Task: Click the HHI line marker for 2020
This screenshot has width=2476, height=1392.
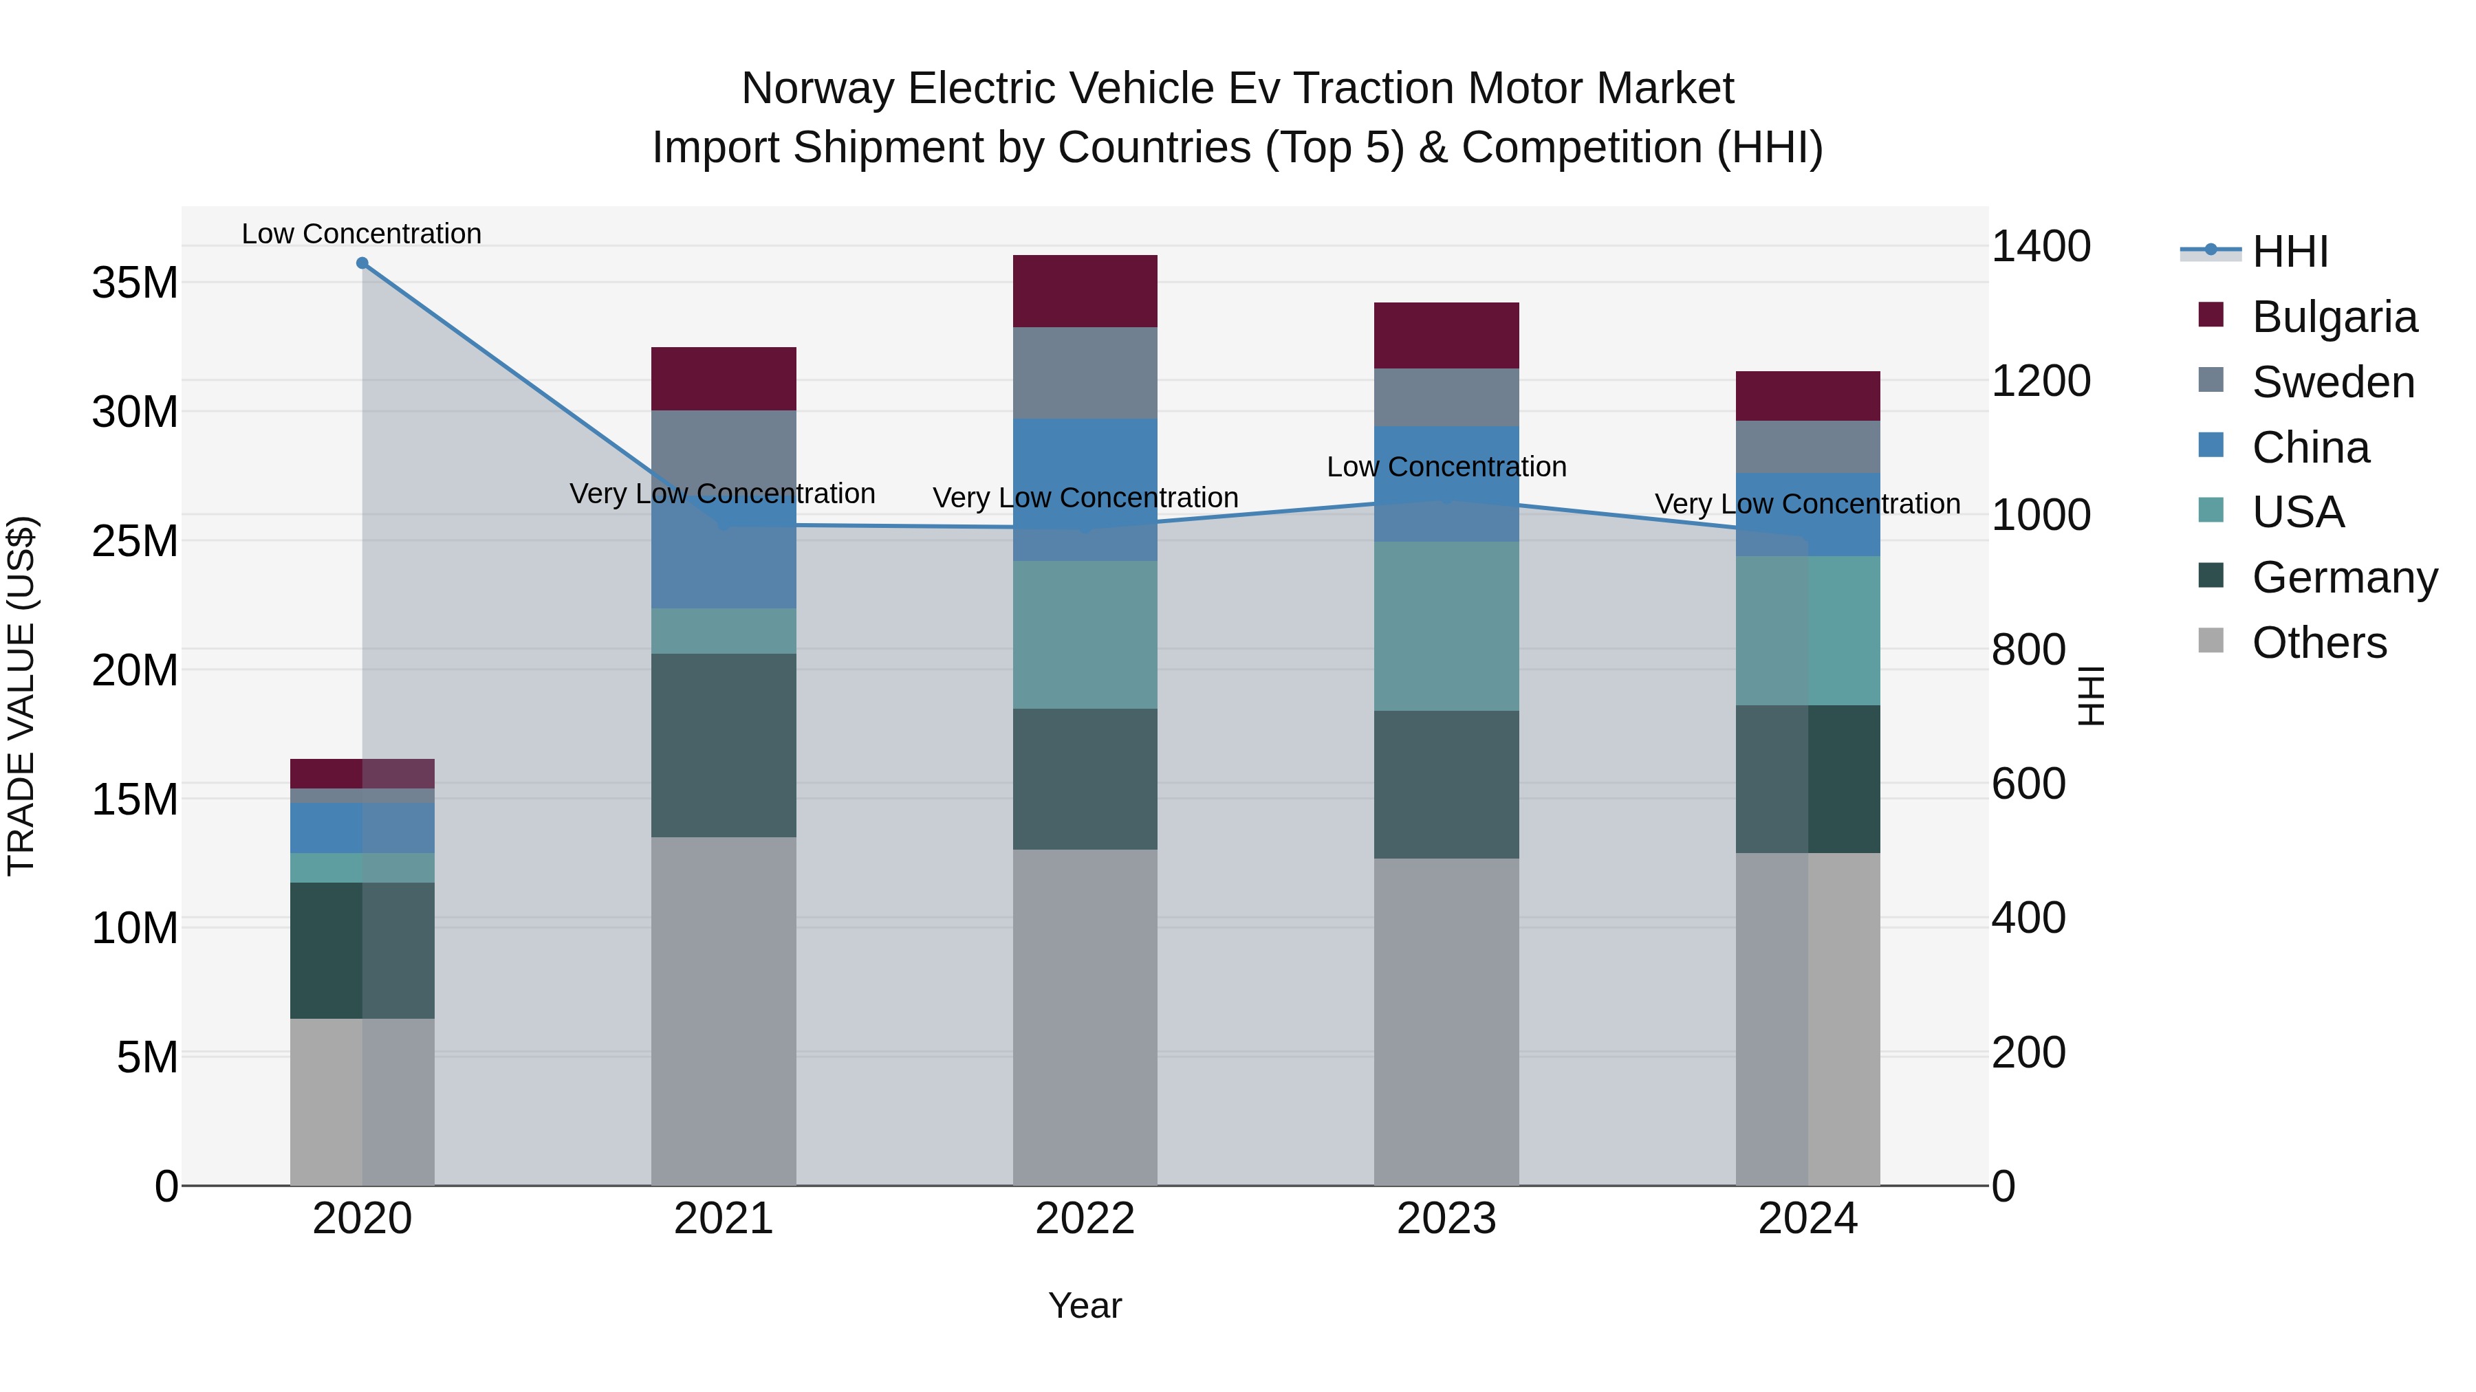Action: coord(362,263)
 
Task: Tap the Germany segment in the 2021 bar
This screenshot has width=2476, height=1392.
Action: coord(723,744)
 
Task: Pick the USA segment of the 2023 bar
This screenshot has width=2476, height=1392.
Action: coord(1446,626)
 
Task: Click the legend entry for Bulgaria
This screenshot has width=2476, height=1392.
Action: coord(2334,317)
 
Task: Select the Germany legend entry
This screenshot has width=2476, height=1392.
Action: coord(2343,577)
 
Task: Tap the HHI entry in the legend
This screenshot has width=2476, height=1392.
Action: coord(2290,252)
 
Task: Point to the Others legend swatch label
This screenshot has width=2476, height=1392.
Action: coord(2318,643)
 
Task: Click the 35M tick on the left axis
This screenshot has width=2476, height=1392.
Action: coord(135,283)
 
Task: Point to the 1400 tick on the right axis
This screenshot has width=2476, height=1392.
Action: coord(2040,247)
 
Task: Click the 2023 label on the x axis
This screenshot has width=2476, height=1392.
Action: coord(1446,1219)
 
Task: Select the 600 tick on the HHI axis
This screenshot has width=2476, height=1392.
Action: coord(2028,784)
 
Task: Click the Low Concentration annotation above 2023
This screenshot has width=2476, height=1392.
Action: coord(1446,467)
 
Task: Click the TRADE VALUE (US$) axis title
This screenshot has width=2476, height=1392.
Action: coord(21,696)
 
